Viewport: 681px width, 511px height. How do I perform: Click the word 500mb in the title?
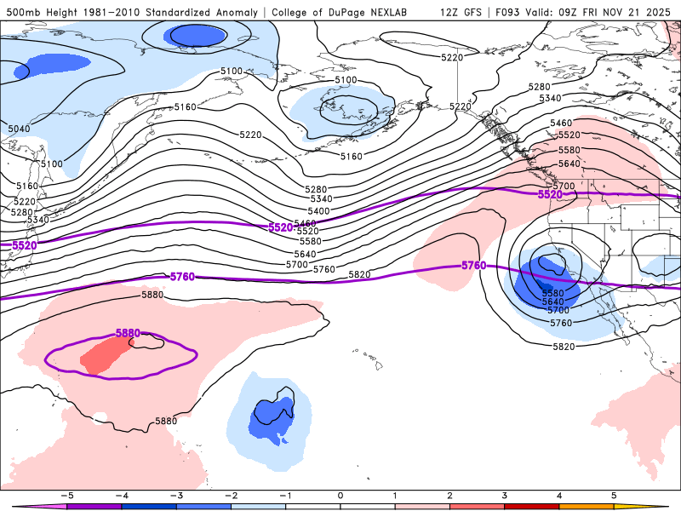pyautogui.click(x=22, y=13)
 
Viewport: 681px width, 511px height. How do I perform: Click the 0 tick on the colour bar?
pyautogui.click(x=340, y=495)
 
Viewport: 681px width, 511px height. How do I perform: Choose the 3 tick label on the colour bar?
pyautogui.click(x=505, y=495)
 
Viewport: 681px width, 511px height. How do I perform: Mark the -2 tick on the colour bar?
pyautogui.click(x=230, y=495)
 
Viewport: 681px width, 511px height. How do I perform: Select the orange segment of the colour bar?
pyautogui.click(x=587, y=507)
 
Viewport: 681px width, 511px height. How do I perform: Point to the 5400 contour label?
pyautogui.click(x=318, y=210)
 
